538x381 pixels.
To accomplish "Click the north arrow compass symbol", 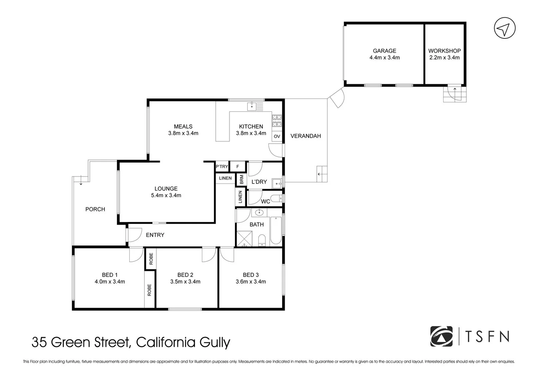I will tap(505, 28).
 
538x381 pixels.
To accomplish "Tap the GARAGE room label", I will tap(384, 51).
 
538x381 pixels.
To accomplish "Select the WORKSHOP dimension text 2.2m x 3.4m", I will tap(444, 58).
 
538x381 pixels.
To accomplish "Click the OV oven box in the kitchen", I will tap(277, 137).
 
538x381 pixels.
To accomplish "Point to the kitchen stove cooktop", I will tap(277, 121).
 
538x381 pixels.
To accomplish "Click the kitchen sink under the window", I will tap(252, 105).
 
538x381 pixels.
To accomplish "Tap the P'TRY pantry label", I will tap(222, 167).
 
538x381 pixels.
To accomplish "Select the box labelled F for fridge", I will tap(238, 167).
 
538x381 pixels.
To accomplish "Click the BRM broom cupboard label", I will tap(241, 180).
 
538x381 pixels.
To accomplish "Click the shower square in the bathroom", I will tap(243, 238).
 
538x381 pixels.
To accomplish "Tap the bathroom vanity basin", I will tap(259, 212).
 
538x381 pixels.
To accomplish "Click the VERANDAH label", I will tap(305, 136).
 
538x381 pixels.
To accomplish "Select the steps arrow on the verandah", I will tap(321, 174).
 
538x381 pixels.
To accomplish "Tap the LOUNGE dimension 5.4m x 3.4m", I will tap(166, 195).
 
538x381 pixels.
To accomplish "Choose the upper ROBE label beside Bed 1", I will tap(151, 259).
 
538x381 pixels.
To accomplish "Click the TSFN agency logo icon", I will tap(441, 336).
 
